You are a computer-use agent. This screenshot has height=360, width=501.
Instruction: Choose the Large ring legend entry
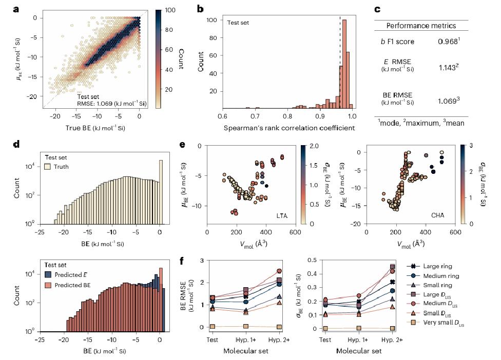point(435,266)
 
